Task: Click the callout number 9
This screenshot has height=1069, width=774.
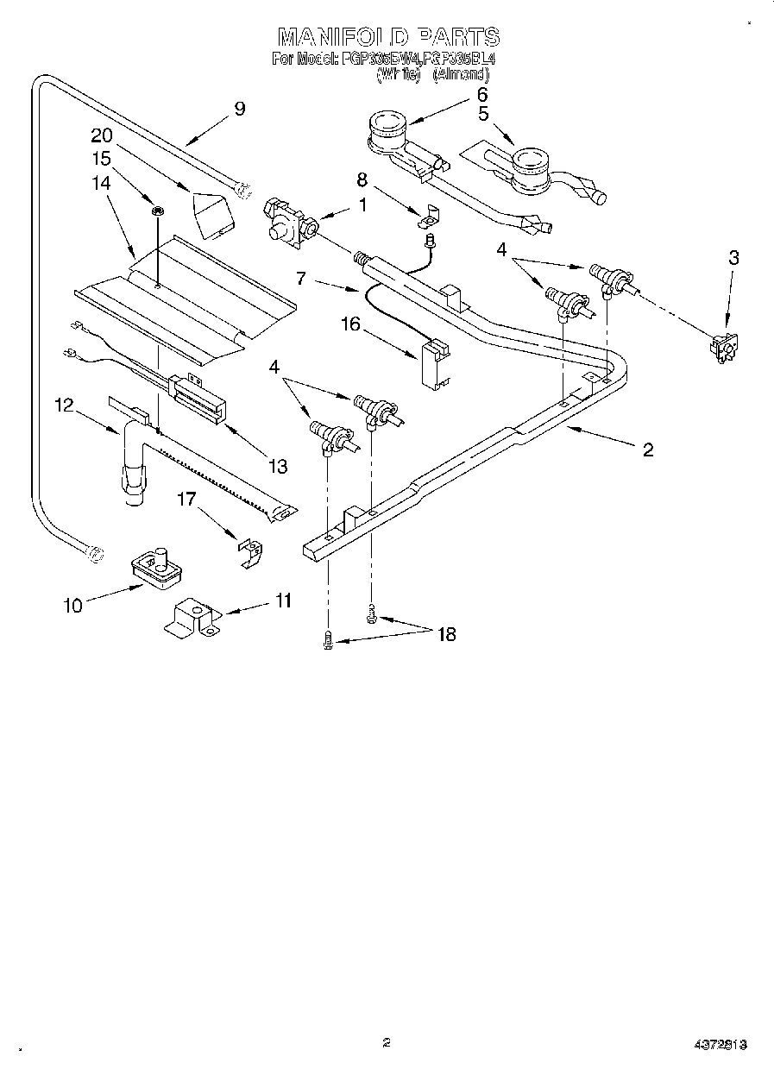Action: (x=239, y=109)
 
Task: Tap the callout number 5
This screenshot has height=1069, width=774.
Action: (x=483, y=114)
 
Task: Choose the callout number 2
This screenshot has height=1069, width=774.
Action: (x=647, y=449)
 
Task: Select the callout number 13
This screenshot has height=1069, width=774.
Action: (x=277, y=467)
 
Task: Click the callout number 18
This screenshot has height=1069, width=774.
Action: (x=446, y=635)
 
